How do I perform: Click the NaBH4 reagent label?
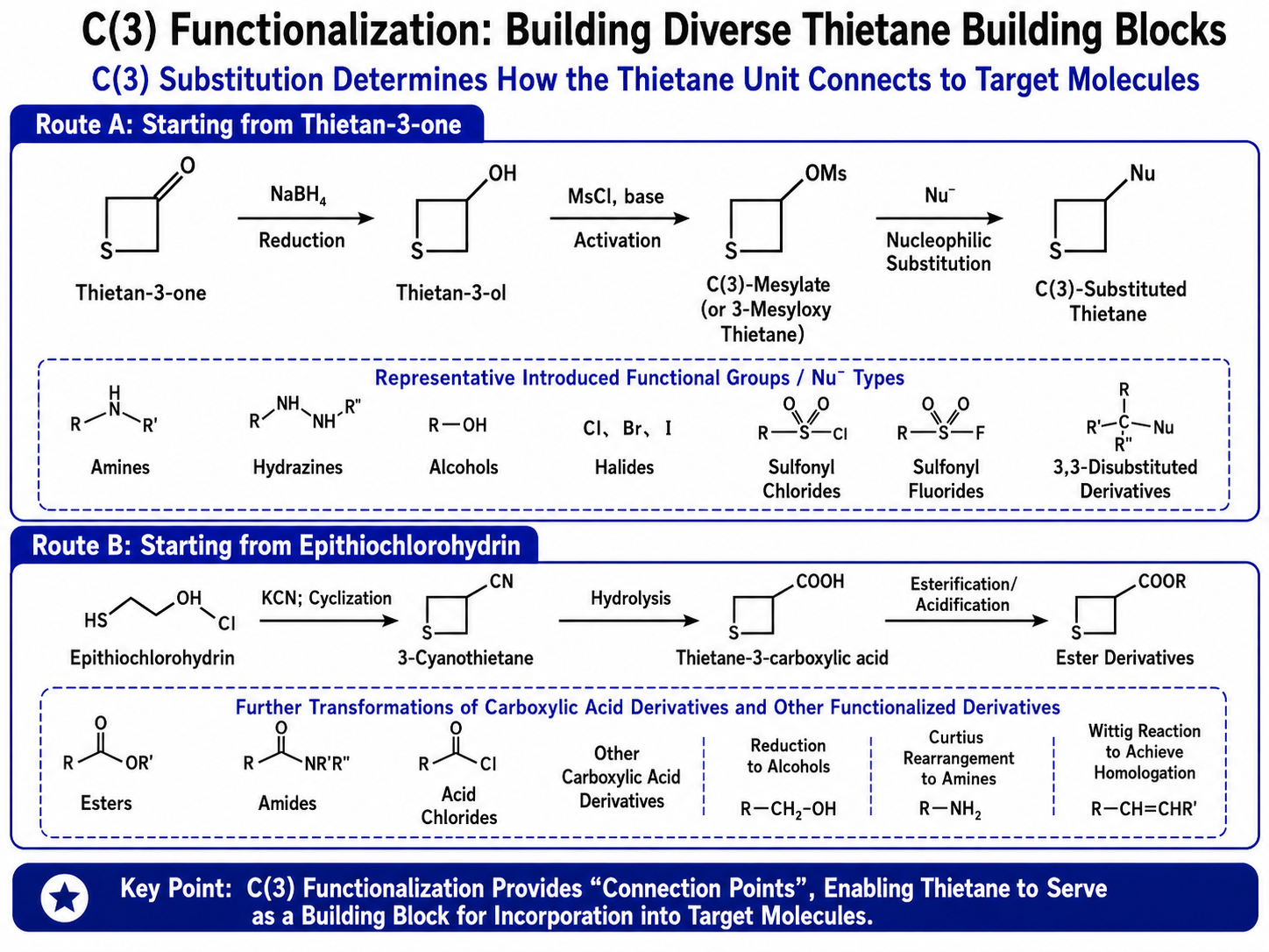(298, 195)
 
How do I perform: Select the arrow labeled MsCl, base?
(620, 218)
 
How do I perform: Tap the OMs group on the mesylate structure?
(826, 174)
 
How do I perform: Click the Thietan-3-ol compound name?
(451, 293)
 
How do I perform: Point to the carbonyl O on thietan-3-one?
(188, 166)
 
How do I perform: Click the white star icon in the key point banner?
(65, 899)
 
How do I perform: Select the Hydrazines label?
(298, 467)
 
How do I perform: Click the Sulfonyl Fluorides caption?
(946, 480)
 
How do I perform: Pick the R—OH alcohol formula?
(457, 426)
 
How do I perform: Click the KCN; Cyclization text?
(327, 598)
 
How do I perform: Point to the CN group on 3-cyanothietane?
(501, 581)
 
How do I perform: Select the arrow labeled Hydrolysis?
(629, 622)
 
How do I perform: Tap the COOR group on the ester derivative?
(1162, 581)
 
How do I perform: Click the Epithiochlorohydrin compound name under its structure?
(152, 658)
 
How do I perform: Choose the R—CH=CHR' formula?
(1145, 809)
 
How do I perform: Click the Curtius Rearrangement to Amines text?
(958, 757)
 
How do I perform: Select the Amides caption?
(287, 804)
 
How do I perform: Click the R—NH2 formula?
(951, 809)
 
